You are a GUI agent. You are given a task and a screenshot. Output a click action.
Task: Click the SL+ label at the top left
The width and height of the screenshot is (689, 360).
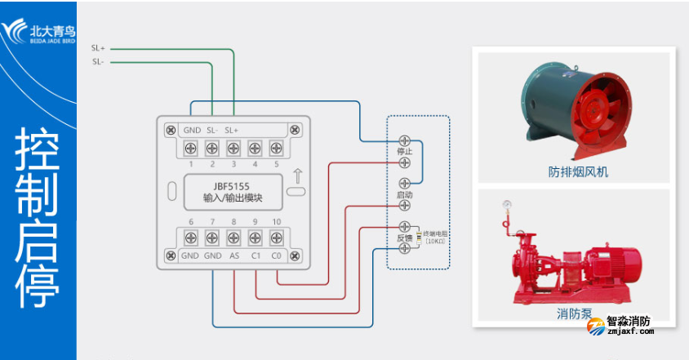click(x=98, y=49)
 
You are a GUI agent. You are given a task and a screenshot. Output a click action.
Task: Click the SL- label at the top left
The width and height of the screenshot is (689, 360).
click(x=98, y=61)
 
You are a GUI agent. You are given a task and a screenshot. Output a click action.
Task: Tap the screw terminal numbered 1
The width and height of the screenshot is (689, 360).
click(x=190, y=148)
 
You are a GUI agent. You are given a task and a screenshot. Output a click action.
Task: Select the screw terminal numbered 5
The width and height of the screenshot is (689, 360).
click(x=276, y=148)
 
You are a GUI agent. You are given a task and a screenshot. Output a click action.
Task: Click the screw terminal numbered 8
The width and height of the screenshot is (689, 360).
click(x=233, y=238)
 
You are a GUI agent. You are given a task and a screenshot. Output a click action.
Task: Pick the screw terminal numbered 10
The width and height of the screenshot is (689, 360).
click(x=276, y=238)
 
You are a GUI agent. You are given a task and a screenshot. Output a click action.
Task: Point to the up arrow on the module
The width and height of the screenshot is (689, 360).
click(x=298, y=174)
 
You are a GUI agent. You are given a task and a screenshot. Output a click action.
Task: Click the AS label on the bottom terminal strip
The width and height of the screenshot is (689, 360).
click(x=233, y=256)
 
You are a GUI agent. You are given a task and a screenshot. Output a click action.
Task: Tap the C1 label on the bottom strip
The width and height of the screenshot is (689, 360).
click(x=255, y=256)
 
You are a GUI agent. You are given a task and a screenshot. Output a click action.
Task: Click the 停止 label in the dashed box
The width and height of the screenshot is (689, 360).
click(x=404, y=151)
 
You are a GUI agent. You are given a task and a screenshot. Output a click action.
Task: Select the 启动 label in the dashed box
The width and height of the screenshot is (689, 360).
click(x=404, y=195)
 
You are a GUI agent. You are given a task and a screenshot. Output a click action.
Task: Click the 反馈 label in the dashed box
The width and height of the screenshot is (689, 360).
click(x=404, y=238)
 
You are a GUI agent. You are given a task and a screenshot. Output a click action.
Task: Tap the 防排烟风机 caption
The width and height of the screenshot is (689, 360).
click(x=578, y=172)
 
